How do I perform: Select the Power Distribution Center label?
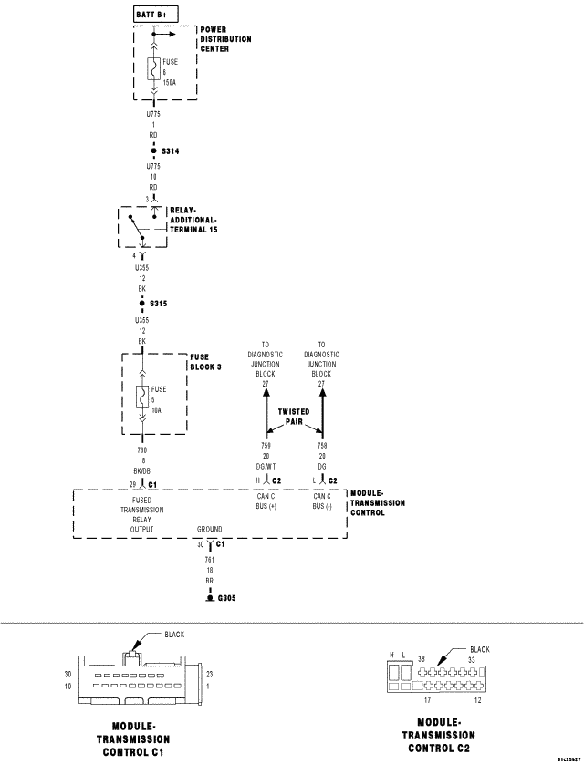pyautogui.click(x=226, y=40)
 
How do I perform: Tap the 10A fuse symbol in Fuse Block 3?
pyautogui.click(x=141, y=397)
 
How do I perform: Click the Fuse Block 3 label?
pyautogui.click(x=205, y=361)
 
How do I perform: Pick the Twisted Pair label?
pyautogui.click(x=294, y=417)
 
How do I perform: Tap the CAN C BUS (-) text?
pyautogui.click(x=321, y=501)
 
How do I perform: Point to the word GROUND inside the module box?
pyautogui.click(x=209, y=529)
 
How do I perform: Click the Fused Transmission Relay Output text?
pyautogui.click(x=141, y=515)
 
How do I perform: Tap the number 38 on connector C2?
pyautogui.click(x=422, y=659)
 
